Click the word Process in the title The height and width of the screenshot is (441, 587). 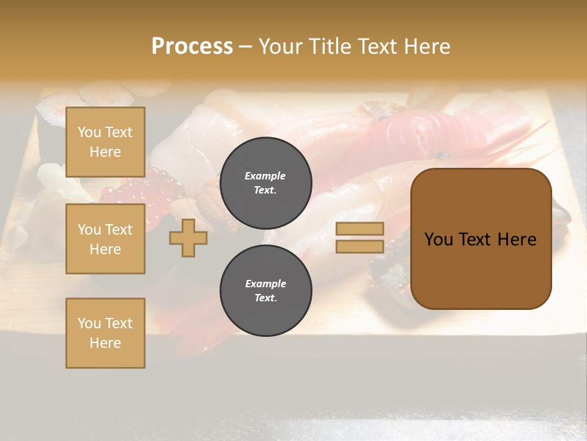pyautogui.click(x=192, y=47)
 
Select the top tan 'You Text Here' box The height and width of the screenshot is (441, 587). pyautogui.click(x=105, y=142)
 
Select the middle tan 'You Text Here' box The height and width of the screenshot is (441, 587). pyautogui.click(x=105, y=239)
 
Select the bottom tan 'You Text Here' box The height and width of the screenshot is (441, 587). pyautogui.click(x=105, y=333)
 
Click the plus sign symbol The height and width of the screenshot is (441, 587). pyautogui.click(x=188, y=238)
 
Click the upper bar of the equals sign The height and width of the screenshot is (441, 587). pyautogui.click(x=360, y=229)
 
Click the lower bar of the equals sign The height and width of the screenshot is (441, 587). pyautogui.click(x=360, y=247)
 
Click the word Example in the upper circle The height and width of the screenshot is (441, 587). pyautogui.click(x=265, y=176)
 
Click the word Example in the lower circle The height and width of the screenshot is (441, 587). pyautogui.click(x=265, y=284)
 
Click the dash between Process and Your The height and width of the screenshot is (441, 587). pyautogui.click(x=245, y=47)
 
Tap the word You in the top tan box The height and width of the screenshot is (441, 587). pyautogui.click(x=89, y=132)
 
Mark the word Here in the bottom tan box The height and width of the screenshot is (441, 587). pyautogui.click(x=105, y=343)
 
